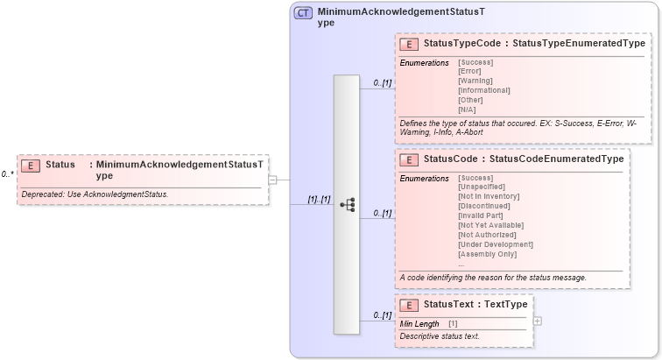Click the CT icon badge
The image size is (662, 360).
[303, 13]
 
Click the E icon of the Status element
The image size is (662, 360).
[31, 166]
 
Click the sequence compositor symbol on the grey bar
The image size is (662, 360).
[347, 204]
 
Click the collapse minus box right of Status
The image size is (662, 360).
[272, 180]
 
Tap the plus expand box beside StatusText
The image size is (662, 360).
[537, 320]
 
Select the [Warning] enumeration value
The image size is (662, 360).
[475, 81]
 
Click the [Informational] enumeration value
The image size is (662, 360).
[484, 90]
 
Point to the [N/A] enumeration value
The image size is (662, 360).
[468, 109]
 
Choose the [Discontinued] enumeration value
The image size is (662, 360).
[484, 207]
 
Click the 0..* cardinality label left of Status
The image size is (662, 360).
[7, 173]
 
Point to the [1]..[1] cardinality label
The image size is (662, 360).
[318, 199]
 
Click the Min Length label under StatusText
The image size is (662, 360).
[419, 324]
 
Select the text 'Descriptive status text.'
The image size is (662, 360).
[440, 336]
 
